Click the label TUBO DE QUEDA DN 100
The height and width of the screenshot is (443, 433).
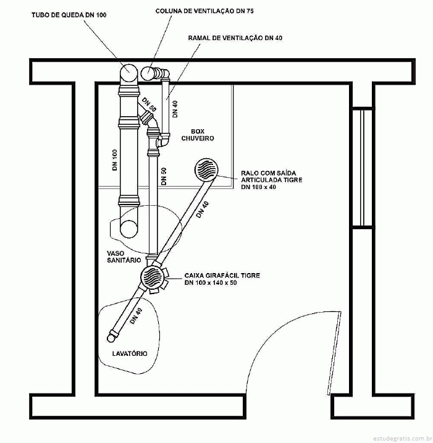[x=69, y=15]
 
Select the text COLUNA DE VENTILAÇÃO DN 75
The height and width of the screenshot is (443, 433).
[x=204, y=11]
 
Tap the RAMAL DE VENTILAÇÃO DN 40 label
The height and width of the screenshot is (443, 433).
[x=235, y=38]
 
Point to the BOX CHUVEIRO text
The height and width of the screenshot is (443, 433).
[x=198, y=135]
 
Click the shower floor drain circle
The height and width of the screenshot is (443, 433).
[x=206, y=169]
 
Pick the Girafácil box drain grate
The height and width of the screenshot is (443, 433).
[x=153, y=276]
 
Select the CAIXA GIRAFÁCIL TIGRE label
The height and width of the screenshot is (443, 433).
[x=222, y=275]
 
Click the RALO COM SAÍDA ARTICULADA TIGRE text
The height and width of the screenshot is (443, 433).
[x=271, y=176]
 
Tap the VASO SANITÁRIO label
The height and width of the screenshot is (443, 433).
[x=124, y=256]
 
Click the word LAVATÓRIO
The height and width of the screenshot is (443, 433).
[x=130, y=353]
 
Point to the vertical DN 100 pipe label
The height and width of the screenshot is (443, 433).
[x=115, y=160]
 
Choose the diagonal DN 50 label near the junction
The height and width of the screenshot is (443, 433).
[x=149, y=104]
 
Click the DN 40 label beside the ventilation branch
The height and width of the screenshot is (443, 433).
[x=175, y=109]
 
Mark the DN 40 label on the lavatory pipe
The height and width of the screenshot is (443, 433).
[x=136, y=316]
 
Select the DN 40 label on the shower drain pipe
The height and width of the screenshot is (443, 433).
[x=203, y=209]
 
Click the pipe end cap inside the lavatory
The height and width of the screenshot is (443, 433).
[x=112, y=337]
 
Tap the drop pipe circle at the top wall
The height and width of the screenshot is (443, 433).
[x=128, y=72]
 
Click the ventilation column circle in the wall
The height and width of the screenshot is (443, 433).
[x=147, y=74]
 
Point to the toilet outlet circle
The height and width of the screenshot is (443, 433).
[x=129, y=229]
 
